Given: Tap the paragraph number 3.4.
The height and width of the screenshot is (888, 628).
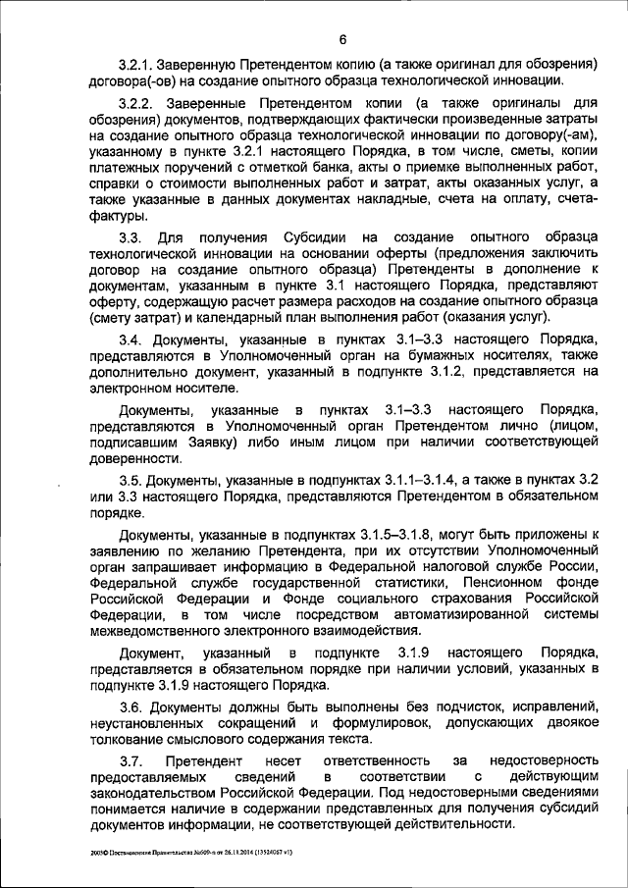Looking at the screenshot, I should [x=133, y=337].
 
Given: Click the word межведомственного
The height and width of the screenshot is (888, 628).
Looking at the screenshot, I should [x=148, y=629].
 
